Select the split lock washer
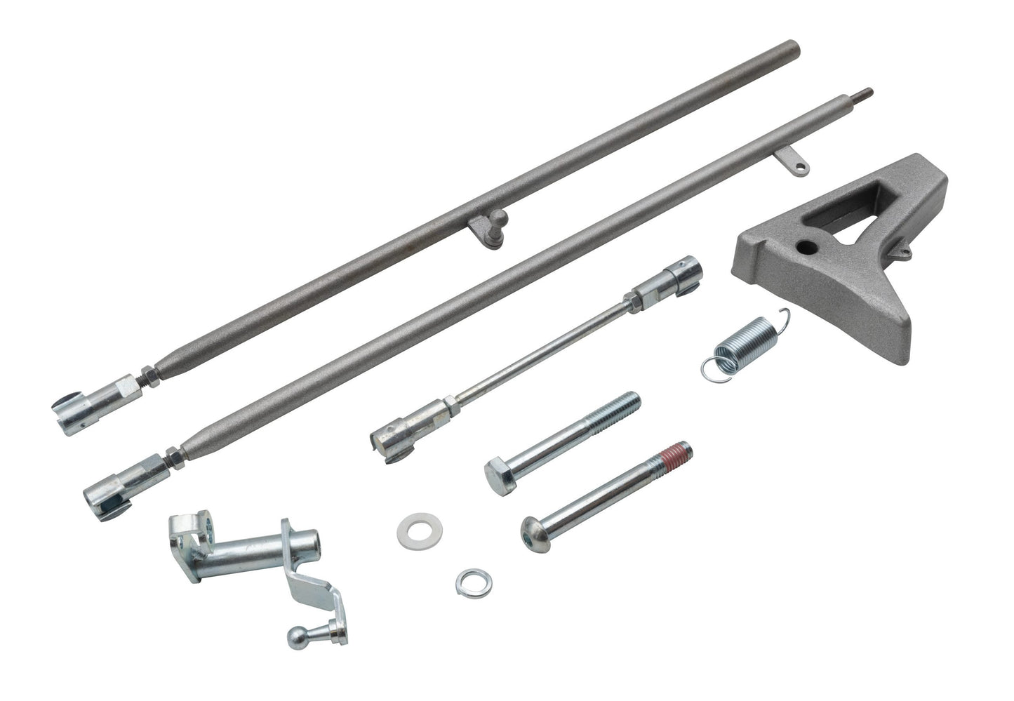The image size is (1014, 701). coord(467,580)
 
